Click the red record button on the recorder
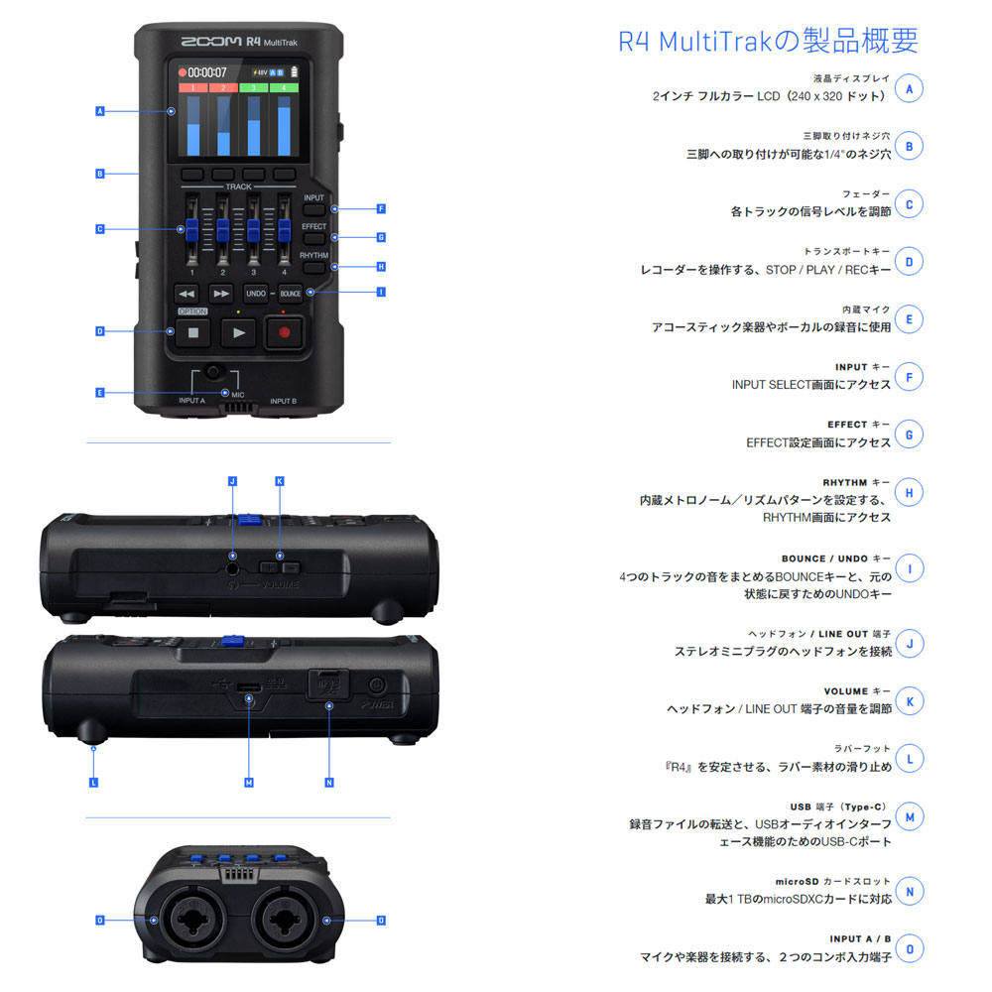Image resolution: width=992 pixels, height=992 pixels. point(284,332)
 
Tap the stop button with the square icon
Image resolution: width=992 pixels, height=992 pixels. point(193,332)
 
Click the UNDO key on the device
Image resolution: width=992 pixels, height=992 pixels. point(256,294)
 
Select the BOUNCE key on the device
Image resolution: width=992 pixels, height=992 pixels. point(291,294)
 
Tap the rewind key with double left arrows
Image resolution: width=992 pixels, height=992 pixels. point(186,294)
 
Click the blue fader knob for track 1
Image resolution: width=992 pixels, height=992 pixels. point(191,230)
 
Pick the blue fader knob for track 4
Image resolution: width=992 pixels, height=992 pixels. point(284,230)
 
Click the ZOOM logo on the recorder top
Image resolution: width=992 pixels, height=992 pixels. point(211,41)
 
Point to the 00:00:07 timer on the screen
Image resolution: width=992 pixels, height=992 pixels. point(207,72)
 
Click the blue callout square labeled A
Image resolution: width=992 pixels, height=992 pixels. point(100,111)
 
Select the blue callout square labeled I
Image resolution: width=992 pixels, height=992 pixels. point(381,293)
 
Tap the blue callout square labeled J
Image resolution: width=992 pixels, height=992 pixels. point(232,481)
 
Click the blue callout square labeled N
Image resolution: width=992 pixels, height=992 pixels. point(329,783)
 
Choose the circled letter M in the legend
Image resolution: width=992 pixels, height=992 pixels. point(910,816)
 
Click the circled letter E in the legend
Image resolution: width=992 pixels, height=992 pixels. point(910,319)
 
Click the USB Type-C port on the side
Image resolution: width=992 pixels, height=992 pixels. point(249,687)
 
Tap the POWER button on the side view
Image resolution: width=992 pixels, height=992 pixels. point(377,685)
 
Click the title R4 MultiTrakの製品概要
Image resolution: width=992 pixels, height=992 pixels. point(768,41)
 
